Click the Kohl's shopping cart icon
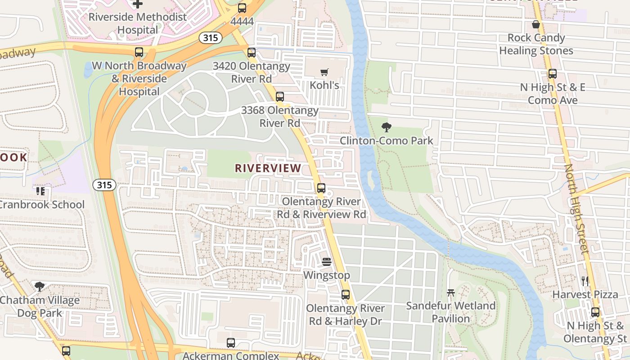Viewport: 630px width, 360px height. pyautogui.click(x=324, y=72)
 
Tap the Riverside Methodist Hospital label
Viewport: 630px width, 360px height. pyautogui.click(x=137, y=23)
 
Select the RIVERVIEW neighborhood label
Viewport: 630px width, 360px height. pyautogui.click(x=268, y=168)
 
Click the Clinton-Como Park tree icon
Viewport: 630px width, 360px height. pyautogui.click(x=386, y=127)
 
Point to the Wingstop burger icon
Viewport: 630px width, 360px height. pyautogui.click(x=327, y=262)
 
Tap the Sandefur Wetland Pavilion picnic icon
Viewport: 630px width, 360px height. pyautogui.click(x=451, y=293)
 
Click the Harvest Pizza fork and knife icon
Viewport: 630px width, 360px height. pyautogui.click(x=585, y=281)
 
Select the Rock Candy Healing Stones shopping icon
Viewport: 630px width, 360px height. pyautogui.click(x=536, y=24)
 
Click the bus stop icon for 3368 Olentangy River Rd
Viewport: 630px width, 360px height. pyautogui.click(x=280, y=97)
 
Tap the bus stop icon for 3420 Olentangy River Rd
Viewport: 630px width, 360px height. pyautogui.click(x=252, y=53)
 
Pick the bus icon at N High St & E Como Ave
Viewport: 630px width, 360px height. pyautogui.click(x=553, y=74)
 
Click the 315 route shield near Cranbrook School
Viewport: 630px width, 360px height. pyautogui.click(x=104, y=185)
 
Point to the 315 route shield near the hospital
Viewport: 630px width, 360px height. pyautogui.click(x=210, y=38)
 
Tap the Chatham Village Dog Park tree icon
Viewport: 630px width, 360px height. pyautogui.click(x=40, y=287)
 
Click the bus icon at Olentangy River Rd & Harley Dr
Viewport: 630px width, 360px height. pyautogui.click(x=346, y=295)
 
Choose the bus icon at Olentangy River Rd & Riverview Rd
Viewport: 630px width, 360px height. pyautogui.click(x=321, y=188)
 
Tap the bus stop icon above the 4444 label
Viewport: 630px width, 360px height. pyautogui.click(x=242, y=8)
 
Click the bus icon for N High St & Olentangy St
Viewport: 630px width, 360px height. pyautogui.click(x=595, y=312)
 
